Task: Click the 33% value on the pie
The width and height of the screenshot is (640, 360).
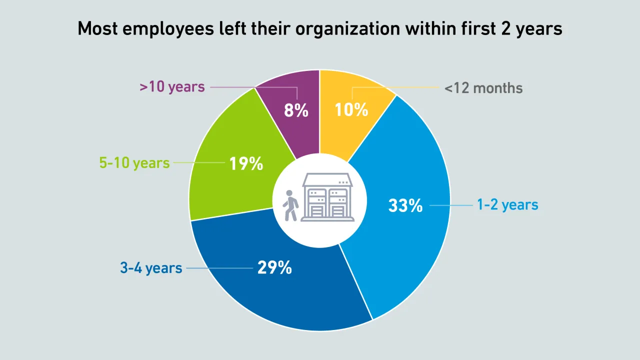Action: tap(405, 205)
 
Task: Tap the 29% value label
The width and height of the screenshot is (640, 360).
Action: tap(274, 268)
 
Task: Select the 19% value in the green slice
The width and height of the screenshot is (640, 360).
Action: tap(246, 163)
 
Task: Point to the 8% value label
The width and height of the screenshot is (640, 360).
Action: tap(296, 110)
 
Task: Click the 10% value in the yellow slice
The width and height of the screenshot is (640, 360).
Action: tap(351, 109)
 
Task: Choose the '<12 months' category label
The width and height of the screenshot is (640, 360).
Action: tap(483, 88)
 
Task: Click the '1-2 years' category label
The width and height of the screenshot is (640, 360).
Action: tap(507, 204)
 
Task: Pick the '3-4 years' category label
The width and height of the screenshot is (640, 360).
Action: tap(151, 268)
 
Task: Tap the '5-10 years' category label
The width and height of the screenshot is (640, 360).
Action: tap(135, 163)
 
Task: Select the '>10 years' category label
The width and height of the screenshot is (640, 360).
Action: tap(172, 87)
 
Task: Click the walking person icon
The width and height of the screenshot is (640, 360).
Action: tap(290, 205)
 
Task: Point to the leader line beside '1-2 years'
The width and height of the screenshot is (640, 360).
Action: tap(450, 205)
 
